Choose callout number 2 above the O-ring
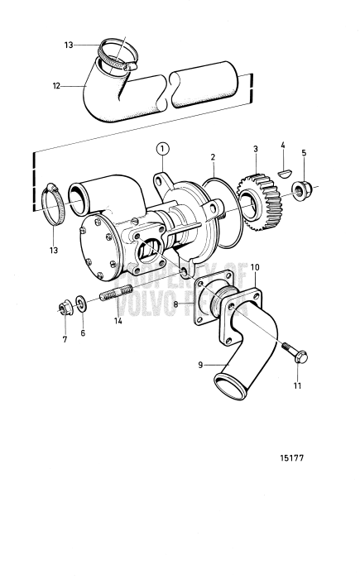(x=213, y=156)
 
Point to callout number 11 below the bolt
(x=298, y=385)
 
